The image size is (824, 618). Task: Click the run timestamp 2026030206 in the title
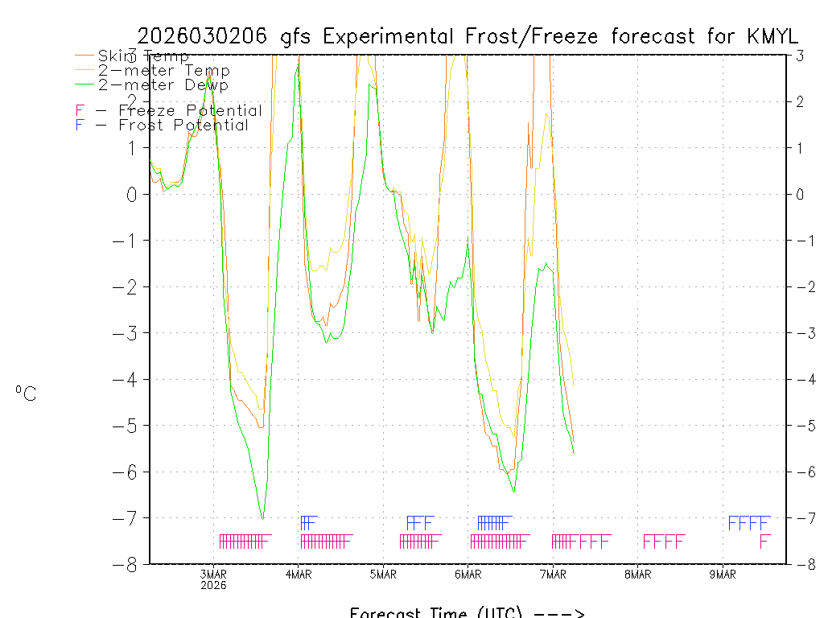tap(204, 36)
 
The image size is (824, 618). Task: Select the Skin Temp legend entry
tap(143, 56)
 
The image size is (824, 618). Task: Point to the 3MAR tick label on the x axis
tap(213, 575)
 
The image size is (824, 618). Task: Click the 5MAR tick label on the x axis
tap(383, 575)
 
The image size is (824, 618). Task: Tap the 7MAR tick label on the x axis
tap(553, 575)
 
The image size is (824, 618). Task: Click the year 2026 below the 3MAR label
tap(213, 585)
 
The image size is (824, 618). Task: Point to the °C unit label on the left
tap(26, 393)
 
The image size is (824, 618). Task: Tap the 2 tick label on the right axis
tap(801, 101)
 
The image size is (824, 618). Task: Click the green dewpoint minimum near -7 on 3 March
tap(262, 518)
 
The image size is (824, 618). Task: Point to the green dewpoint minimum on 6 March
tap(513, 490)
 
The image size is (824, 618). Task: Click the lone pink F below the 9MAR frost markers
tap(764, 542)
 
